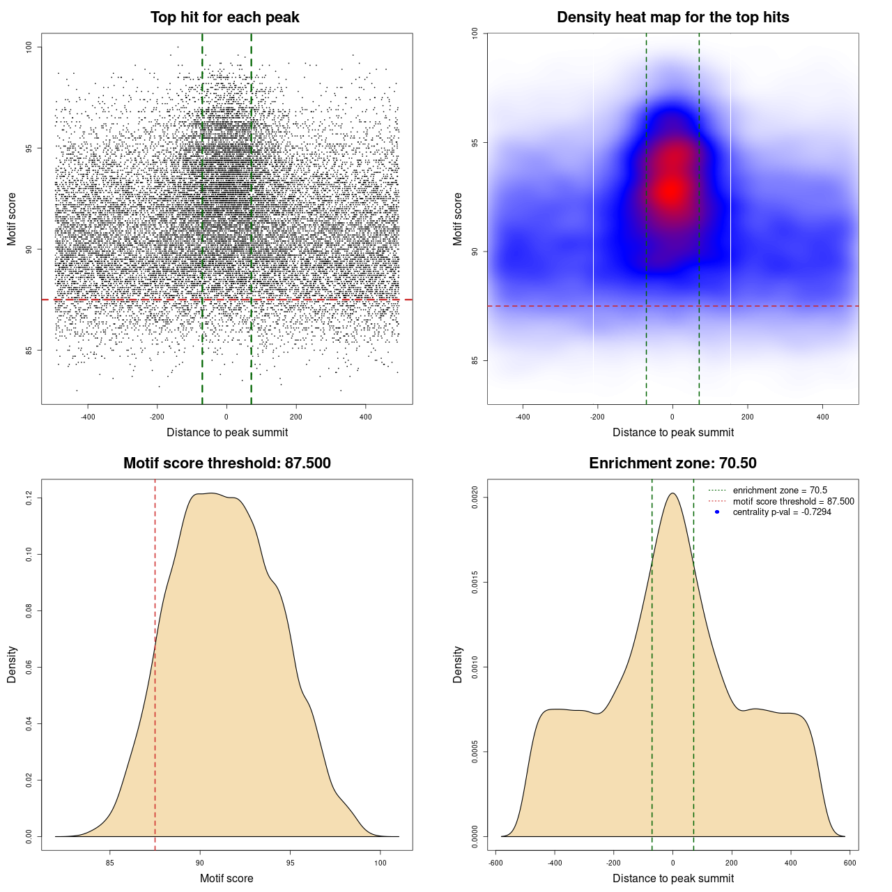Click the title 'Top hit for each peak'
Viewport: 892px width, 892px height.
coord(224,17)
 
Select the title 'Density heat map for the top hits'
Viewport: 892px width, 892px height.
coord(672,17)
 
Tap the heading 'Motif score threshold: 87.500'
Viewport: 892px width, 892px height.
coord(226,463)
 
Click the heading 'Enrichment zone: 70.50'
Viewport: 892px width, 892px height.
coord(672,463)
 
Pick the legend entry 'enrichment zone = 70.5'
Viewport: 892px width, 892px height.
coord(780,491)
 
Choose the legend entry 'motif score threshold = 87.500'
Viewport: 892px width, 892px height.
coord(793,501)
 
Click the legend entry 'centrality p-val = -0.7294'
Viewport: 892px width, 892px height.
coord(782,512)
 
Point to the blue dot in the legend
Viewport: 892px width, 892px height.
coord(717,512)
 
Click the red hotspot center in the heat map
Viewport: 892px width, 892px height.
coord(671,190)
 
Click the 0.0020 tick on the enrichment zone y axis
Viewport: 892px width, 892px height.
coord(475,498)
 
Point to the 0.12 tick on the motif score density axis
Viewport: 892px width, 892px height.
coord(29,498)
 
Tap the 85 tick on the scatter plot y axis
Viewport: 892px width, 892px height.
coord(29,351)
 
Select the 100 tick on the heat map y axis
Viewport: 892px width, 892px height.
coord(475,33)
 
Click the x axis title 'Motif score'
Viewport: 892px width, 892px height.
coord(226,878)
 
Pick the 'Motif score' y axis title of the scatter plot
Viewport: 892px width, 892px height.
coord(12,220)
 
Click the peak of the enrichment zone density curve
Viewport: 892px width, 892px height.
coord(672,493)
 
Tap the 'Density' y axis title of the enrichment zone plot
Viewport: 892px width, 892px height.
coord(458,664)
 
